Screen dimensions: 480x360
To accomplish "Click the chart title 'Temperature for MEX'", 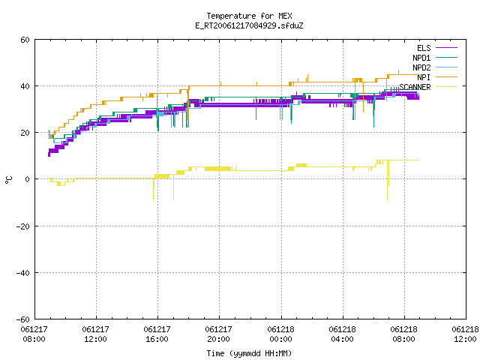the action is tap(249, 16).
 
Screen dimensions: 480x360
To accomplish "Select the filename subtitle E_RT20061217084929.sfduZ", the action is tap(249, 25).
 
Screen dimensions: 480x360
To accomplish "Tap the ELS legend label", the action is tap(424, 48).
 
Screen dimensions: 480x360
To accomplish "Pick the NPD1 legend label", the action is tap(421, 58).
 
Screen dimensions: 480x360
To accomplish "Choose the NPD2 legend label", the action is tap(421, 67).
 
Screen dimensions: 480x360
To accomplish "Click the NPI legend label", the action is tap(424, 77).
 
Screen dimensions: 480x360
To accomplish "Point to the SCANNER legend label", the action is tap(415, 87).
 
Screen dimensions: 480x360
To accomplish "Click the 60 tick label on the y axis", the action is tap(25, 40).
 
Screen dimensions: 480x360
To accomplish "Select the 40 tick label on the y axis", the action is tap(25, 86).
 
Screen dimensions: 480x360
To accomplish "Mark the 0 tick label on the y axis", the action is tap(28, 179).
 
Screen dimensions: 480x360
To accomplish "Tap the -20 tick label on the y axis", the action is tap(23, 226).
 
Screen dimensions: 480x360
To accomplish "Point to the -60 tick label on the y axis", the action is tap(23, 319).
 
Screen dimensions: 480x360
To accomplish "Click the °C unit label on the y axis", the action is tap(8, 180).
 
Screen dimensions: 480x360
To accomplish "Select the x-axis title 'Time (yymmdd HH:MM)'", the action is tap(249, 353).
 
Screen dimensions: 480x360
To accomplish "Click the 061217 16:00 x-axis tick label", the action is tap(157, 334).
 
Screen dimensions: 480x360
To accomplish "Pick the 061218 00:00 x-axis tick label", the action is tap(280, 334).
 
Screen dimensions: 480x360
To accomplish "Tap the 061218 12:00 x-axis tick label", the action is tap(465, 334).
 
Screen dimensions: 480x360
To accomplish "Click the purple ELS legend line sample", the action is tap(446, 48).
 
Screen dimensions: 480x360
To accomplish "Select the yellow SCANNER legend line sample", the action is tap(446, 87).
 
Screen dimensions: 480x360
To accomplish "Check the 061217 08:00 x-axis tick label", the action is tap(34, 334).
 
